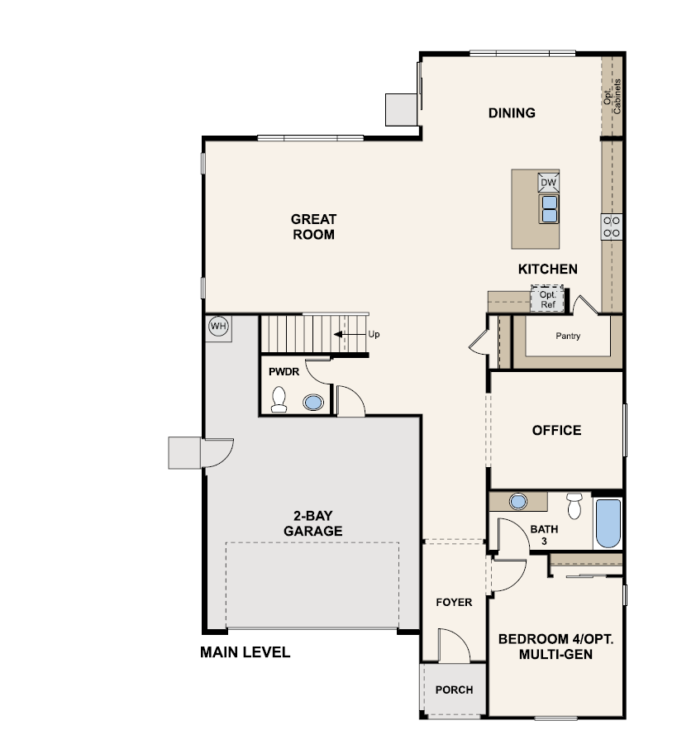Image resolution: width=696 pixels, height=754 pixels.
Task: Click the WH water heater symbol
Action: tap(218, 327)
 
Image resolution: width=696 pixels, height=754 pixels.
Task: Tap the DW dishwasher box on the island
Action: tap(548, 182)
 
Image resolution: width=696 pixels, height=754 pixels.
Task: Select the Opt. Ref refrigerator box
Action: tap(547, 299)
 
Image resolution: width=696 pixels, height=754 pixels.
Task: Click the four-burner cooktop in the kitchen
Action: tap(612, 227)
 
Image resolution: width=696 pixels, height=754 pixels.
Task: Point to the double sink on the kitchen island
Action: tap(549, 208)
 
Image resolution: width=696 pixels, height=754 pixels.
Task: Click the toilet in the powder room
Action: tap(279, 399)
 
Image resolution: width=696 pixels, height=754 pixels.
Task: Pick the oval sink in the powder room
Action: tap(313, 402)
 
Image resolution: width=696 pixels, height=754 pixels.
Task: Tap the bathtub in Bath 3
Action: tap(608, 523)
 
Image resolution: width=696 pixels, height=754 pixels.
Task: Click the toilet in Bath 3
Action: tap(574, 506)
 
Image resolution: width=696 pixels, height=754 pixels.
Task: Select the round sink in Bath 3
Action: tap(517, 502)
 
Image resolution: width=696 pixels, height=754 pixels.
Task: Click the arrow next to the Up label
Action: tap(350, 334)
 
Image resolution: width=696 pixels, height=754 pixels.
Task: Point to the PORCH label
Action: tap(455, 690)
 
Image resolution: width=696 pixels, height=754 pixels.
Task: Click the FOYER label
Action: tap(455, 602)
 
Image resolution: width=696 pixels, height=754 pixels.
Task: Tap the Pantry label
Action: tap(568, 336)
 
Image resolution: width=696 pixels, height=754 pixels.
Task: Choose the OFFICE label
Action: tap(556, 430)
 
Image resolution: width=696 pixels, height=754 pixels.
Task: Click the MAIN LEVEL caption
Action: tap(246, 652)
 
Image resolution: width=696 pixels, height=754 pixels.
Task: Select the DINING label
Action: tap(512, 113)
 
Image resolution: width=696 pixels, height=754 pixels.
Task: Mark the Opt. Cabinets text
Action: tap(613, 96)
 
